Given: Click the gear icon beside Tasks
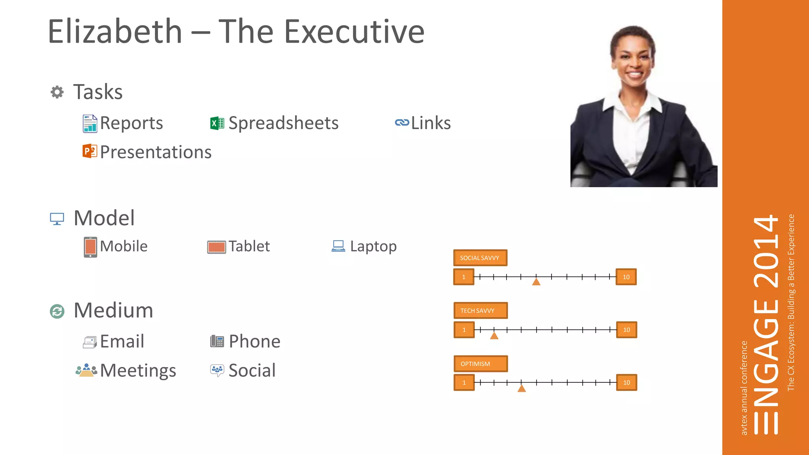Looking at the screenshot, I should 57,92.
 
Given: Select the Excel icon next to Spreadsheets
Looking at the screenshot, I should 217,124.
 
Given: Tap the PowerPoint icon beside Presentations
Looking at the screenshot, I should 90,151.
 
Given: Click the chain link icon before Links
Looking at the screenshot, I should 402,123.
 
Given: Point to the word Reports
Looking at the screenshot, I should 131,123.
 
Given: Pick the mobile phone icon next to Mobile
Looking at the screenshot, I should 90,247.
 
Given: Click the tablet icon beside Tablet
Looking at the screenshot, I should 216,247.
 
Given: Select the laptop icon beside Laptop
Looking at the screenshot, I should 338,246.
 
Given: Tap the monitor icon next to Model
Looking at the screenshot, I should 57,218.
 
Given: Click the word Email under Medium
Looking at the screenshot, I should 122,341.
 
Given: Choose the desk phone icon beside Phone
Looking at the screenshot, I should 217,341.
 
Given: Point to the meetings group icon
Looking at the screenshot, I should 86,370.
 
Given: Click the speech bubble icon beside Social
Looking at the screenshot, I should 217,370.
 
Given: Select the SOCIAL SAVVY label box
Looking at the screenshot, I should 480,258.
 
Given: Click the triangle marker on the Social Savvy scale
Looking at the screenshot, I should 536,282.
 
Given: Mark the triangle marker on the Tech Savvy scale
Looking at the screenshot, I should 494,336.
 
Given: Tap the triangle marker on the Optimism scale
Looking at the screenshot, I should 521,389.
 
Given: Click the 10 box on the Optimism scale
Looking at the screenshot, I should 627,382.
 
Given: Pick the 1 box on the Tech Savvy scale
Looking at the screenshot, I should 464,330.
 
